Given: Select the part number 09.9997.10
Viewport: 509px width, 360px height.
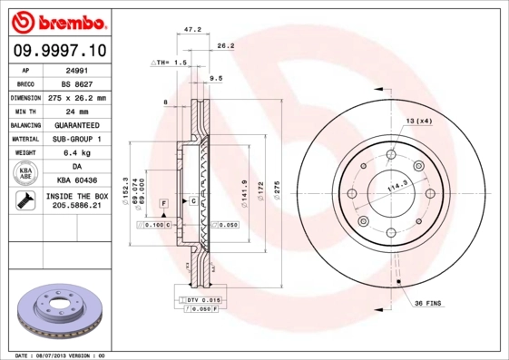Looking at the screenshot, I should pyautogui.click(x=56, y=50).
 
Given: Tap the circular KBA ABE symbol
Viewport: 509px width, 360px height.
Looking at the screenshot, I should pyautogui.click(x=24, y=173).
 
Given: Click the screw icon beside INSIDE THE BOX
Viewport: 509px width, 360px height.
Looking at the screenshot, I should pyautogui.click(x=24, y=201).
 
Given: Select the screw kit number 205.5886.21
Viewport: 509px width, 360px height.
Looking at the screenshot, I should pyautogui.click(x=76, y=207).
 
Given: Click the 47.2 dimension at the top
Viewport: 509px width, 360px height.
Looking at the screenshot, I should pyautogui.click(x=192, y=30).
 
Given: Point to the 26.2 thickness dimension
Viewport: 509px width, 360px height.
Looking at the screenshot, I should pyautogui.click(x=226, y=45).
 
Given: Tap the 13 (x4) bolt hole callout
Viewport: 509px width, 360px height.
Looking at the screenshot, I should pyautogui.click(x=418, y=121).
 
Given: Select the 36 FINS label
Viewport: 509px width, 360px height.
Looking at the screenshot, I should pyautogui.click(x=428, y=302).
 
